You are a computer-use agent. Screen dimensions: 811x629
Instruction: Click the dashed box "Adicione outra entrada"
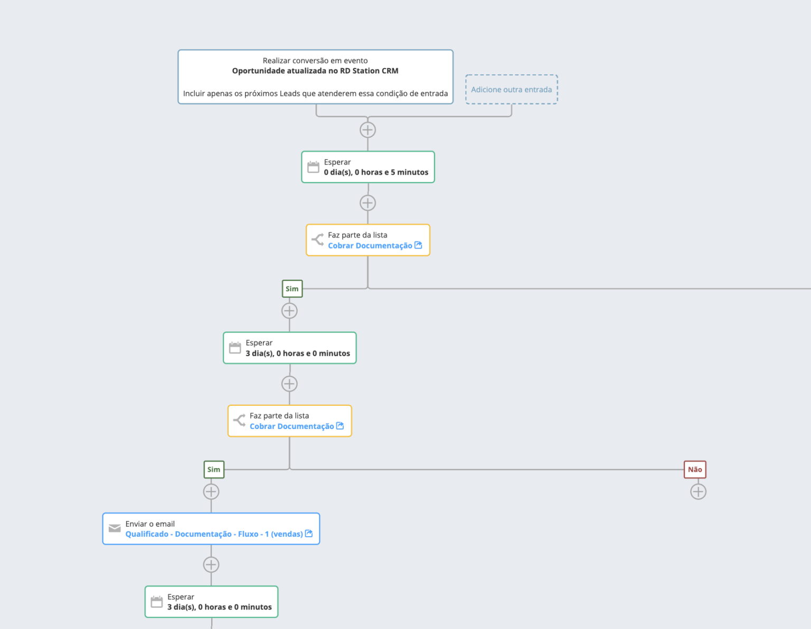(x=511, y=90)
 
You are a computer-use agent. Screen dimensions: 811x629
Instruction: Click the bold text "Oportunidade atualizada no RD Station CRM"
(x=315, y=71)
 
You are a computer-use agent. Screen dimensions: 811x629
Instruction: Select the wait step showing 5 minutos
(x=368, y=167)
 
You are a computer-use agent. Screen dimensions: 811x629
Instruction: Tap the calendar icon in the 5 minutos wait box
(x=313, y=167)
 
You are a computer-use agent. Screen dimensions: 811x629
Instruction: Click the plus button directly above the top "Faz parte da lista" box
(x=367, y=203)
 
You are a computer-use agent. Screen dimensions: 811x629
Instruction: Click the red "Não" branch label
(x=695, y=470)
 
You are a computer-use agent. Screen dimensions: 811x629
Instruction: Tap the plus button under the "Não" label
(x=699, y=492)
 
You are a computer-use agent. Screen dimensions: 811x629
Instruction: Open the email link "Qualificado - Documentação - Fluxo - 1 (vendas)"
(x=214, y=534)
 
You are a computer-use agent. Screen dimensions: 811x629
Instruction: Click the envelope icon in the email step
(x=115, y=528)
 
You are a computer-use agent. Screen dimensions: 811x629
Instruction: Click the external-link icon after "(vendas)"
(x=309, y=533)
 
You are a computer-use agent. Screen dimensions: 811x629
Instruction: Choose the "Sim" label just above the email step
(x=214, y=470)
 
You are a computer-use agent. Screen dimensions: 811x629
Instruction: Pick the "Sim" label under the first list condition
(x=292, y=289)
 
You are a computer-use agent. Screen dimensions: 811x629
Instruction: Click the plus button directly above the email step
(x=211, y=492)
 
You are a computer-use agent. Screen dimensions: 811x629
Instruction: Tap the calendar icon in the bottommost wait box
(x=157, y=602)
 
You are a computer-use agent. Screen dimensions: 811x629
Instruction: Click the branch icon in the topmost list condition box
(x=318, y=240)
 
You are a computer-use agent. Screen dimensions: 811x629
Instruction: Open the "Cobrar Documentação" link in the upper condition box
(x=370, y=246)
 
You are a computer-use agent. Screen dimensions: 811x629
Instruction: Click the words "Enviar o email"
(x=150, y=524)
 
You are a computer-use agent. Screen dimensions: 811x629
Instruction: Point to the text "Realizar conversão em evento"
(x=315, y=60)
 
